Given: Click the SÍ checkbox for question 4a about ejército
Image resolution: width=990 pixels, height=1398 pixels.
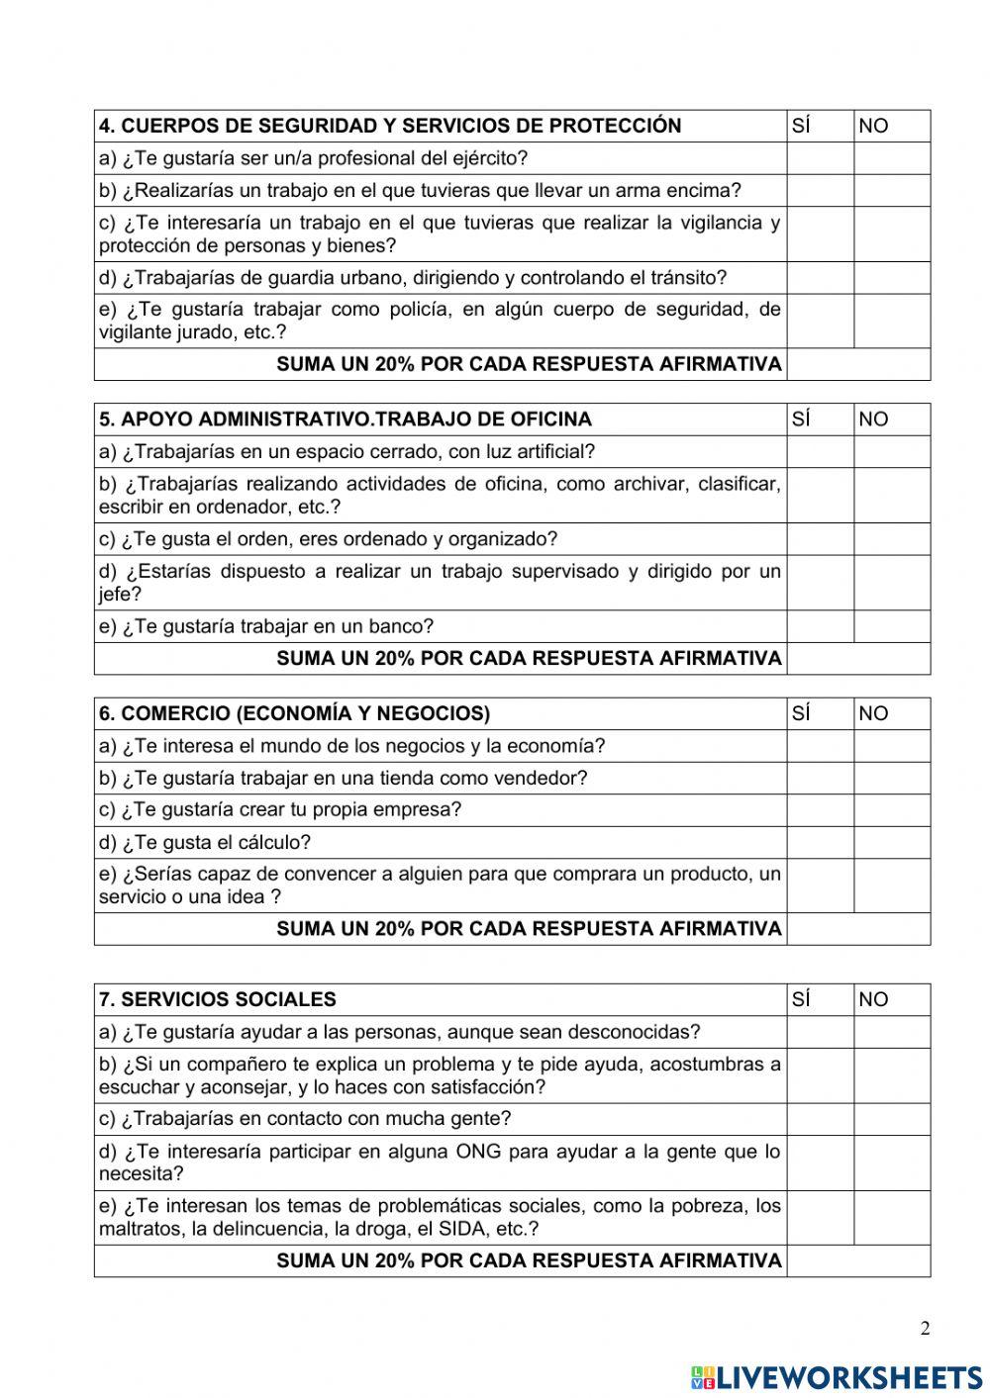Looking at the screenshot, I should tap(820, 158).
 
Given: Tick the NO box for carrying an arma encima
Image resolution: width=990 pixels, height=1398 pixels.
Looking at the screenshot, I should tap(891, 190).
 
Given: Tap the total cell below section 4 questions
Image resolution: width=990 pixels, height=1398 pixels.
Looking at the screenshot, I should tap(858, 364).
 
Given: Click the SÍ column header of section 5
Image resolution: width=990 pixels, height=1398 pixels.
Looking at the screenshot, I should tap(802, 419).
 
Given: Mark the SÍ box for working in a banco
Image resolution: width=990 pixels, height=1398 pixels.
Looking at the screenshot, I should tap(820, 626).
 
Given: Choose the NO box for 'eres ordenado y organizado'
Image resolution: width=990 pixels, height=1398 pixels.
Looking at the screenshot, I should tap(891, 539).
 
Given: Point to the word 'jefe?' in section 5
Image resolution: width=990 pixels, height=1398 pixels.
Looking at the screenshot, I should tap(120, 595).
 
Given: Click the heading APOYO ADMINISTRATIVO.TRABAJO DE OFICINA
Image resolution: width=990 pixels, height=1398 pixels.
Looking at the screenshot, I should tap(345, 419).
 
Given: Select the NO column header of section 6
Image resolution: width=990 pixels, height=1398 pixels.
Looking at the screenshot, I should tap(873, 713).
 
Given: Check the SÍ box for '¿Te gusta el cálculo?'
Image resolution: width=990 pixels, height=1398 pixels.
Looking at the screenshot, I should tap(820, 842).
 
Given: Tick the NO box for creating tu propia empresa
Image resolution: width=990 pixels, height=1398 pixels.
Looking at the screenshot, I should tap(891, 809).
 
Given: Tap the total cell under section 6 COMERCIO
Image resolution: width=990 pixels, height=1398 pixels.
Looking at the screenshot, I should tap(858, 929).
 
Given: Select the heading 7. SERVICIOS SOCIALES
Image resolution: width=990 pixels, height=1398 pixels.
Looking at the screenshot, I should tap(217, 999).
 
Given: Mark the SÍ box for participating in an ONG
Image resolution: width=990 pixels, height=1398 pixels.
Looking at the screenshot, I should tap(820, 1163).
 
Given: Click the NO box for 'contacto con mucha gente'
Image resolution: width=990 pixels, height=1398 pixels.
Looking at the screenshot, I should tap(891, 1119).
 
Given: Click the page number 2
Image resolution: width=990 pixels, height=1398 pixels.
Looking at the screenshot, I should tap(925, 1329).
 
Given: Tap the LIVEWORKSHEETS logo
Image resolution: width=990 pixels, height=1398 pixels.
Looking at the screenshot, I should tap(837, 1376).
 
